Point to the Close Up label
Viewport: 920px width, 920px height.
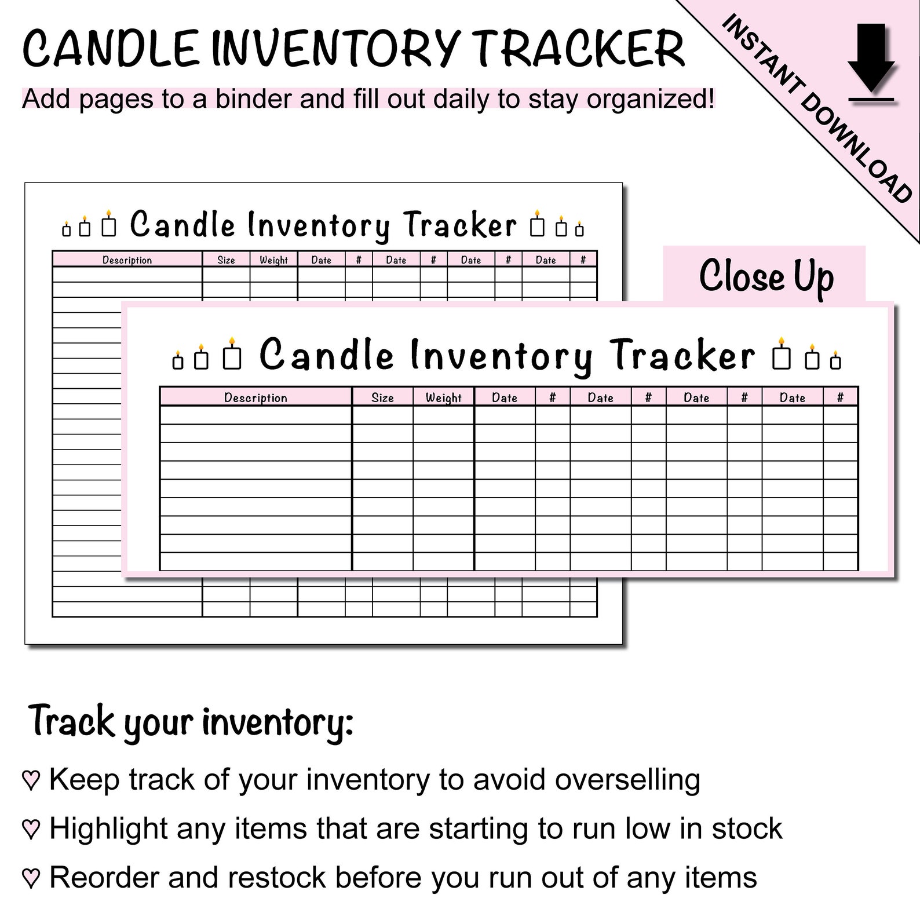point(766,276)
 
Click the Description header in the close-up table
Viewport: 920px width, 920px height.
point(255,397)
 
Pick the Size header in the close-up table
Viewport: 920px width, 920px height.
point(382,397)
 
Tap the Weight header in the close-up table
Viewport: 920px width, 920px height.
point(443,397)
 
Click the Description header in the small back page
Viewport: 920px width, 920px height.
point(127,260)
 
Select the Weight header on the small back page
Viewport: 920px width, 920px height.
point(273,260)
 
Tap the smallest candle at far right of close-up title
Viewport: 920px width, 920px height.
point(835,360)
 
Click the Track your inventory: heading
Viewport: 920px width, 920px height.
point(191,722)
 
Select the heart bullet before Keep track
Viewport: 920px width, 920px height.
point(30,780)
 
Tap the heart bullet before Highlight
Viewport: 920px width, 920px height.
point(30,830)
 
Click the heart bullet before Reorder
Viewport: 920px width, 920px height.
point(30,878)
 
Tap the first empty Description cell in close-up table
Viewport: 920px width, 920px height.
point(255,415)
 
